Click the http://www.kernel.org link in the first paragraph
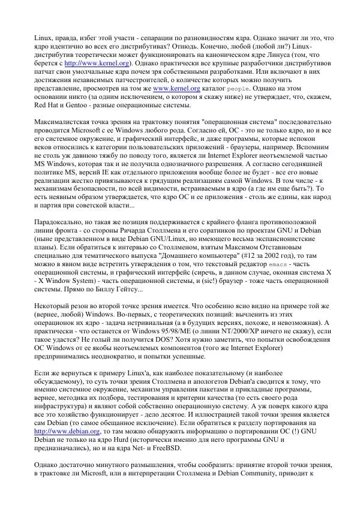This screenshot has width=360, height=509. coord(90,62)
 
